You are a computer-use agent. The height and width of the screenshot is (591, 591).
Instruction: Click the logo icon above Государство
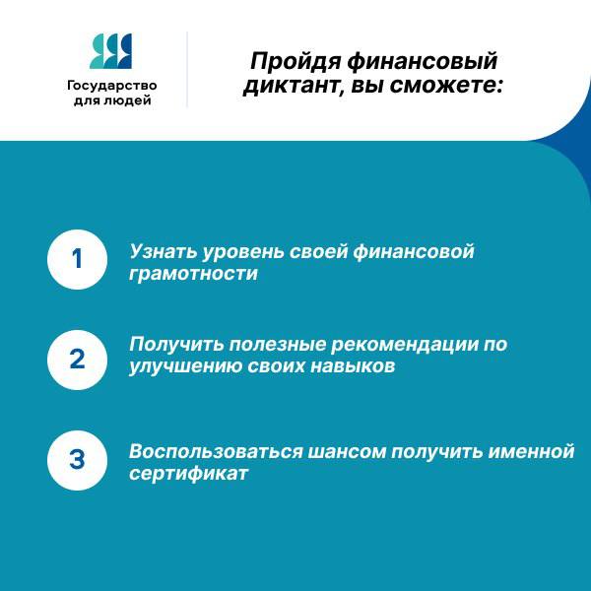tap(110, 51)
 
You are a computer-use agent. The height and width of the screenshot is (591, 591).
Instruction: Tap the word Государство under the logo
tap(112, 86)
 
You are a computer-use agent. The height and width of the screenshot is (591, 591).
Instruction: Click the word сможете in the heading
tap(446, 86)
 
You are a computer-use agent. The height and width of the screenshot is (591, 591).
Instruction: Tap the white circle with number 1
tap(77, 259)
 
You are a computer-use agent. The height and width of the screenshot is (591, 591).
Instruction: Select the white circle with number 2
tap(77, 360)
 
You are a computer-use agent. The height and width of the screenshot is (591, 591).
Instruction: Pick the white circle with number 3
tap(77, 460)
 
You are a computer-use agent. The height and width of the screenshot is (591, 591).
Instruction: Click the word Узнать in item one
tap(163, 252)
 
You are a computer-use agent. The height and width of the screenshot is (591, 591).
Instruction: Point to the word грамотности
tap(193, 274)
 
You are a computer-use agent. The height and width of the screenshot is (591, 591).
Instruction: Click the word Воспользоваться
tap(216, 451)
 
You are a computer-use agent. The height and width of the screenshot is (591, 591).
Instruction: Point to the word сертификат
tap(189, 474)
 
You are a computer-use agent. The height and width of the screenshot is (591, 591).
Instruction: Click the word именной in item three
tap(531, 451)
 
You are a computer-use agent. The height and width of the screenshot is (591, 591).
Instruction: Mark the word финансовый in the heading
tap(422, 61)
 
